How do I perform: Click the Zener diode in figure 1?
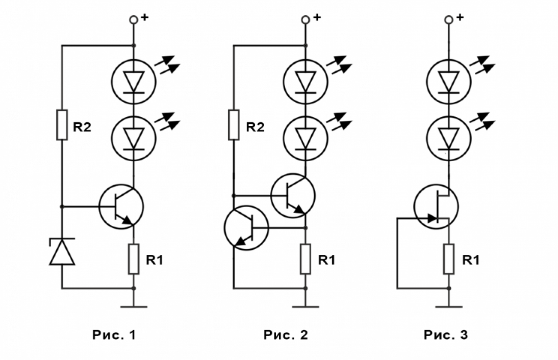pyautogui.click(x=62, y=251)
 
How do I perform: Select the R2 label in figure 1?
pyautogui.click(x=82, y=127)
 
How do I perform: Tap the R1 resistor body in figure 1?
pyautogui.click(x=134, y=259)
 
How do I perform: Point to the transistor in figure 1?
pyautogui.click(x=121, y=207)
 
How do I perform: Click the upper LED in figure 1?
pyautogui.click(x=134, y=82)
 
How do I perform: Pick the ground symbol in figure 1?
pyautogui.click(x=134, y=307)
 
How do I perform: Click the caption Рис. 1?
pyautogui.click(x=114, y=335)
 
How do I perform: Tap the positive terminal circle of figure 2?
pyautogui.click(x=306, y=20)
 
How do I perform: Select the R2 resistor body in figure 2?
pyautogui.click(x=234, y=125)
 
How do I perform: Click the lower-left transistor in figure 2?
pyautogui.click(x=246, y=228)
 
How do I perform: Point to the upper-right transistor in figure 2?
pyautogui.click(x=293, y=196)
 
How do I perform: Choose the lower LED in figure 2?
pyautogui.click(x=306, y=139)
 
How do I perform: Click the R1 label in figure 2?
pyautogui.click(x=327, y=260)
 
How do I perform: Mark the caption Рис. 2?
pyautogui.click(x=286, y=335)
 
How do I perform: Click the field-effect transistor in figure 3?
pyautogui.click(x=436, y=207)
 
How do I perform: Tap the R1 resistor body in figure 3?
pyautogui.click(x=449, y=259)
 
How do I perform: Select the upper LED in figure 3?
pyautogui.click(x=449, y=82)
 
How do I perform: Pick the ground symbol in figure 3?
pyautogui.click(x=449, y=307)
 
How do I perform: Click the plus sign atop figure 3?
pyautogui.click(x=460, y=17)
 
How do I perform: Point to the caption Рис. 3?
pyautogui.click(x=446, y=335)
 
